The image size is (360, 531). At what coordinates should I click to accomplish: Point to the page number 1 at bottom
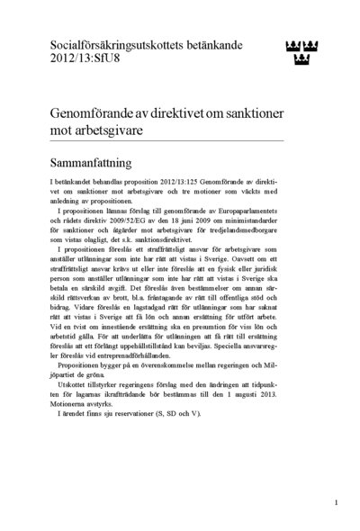click(x=336, y=502)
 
